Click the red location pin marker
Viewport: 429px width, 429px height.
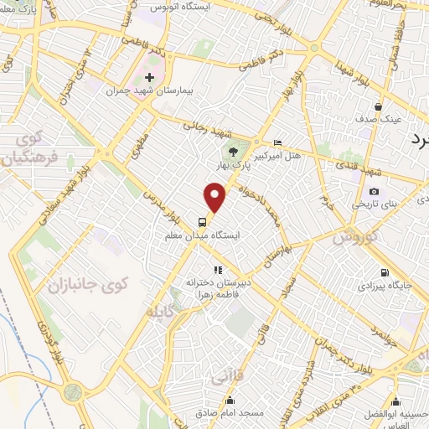tap(216, 198)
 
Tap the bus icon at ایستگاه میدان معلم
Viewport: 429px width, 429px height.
tap(204, 222)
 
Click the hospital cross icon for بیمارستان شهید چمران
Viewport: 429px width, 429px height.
tap(149, 77)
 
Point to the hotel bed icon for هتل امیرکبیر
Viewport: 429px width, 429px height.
tap(278, 142)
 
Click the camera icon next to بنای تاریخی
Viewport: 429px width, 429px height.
tap(374, 192)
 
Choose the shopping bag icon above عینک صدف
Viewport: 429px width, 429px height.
tap(379, 106)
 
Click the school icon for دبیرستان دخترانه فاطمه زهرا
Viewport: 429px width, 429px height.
tap(217, 270)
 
